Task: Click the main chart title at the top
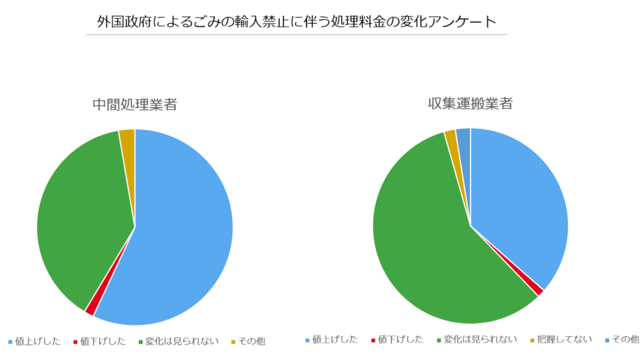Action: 296,21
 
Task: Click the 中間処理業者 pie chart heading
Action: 135,104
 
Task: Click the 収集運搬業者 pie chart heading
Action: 470,103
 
